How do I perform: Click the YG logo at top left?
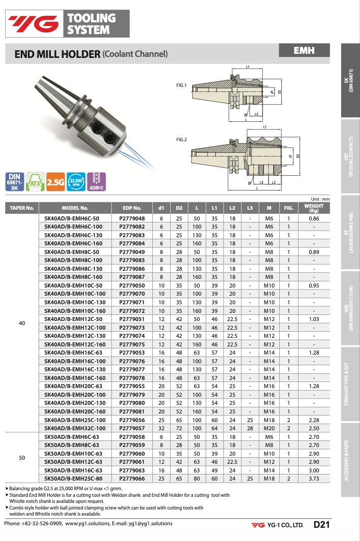point(32,23)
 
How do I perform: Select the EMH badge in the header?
point(304,50)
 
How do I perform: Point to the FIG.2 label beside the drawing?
point(181,139)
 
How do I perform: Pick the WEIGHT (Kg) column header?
point(314,208)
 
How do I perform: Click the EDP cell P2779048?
point(132,218)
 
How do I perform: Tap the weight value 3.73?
point(314,479)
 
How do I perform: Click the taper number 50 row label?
point(22,458)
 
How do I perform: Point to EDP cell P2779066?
point(132,479)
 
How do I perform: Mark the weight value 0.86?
point(314,218)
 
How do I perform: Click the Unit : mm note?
point(320,199)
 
